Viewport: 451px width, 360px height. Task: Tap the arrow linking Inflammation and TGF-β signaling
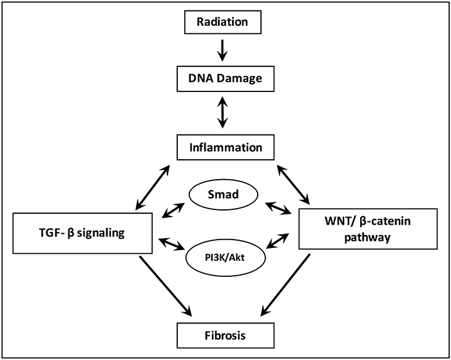153,187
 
